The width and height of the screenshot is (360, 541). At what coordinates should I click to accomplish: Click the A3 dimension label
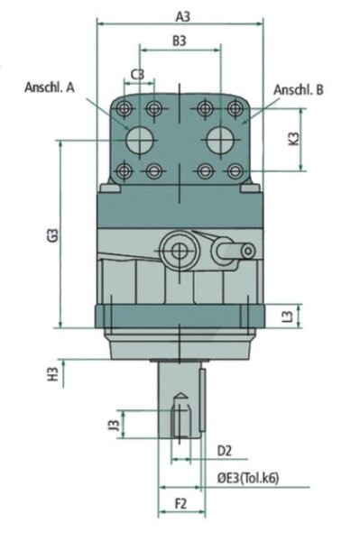[x=182, y=16]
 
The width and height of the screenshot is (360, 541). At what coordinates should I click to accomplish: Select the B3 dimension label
[x=180, y=41]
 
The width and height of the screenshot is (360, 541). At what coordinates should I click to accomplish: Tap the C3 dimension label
[x=138, y=74]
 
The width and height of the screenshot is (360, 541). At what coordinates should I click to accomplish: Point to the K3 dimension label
[x=294, y=139]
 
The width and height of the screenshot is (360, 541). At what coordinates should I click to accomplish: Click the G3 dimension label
[x=52, y=235]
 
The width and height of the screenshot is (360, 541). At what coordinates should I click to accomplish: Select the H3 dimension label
[x=52, y=374]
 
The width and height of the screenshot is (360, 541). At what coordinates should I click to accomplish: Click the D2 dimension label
[x=224, y=451]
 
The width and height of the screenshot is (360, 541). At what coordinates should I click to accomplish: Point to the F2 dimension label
[x=180, y=504]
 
